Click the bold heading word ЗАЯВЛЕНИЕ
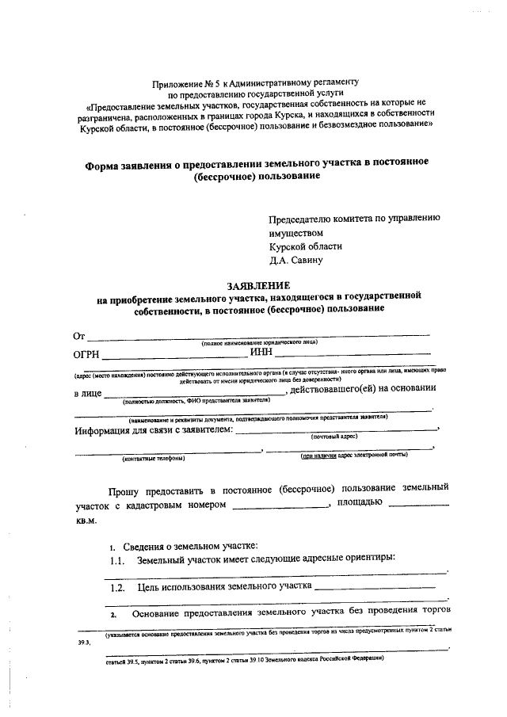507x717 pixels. coord(259,284)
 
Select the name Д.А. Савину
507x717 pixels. coord(295,259)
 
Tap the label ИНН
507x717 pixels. coord(261,353)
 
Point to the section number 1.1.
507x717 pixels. coord(117,560)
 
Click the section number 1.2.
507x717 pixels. coord(117,588)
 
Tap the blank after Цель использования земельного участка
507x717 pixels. coord(374,588)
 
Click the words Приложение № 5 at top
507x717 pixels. coord(186,82)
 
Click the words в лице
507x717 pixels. coord(87,392)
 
